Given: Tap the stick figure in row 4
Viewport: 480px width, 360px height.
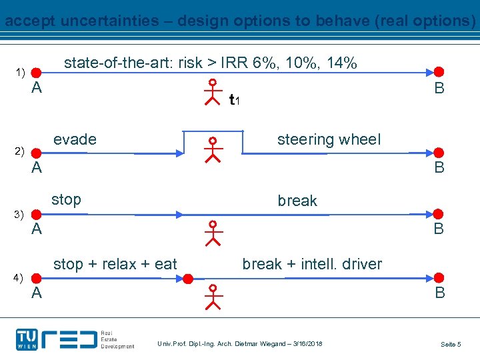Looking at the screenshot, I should [213, 297].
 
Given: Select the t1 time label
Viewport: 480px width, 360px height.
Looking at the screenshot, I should [234, 101].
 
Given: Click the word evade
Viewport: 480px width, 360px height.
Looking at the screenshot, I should [75, 139].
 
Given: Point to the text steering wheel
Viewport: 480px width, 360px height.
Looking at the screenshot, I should [329, 139].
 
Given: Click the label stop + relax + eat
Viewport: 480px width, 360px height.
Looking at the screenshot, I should [115, 264].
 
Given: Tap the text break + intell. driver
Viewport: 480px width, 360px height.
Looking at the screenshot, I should [312, 264].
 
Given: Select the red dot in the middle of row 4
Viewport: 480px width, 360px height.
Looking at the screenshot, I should [189, 278].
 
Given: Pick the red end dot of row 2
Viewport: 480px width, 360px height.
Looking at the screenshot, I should [439, 153].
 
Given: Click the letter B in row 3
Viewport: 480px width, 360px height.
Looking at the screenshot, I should [439, 229].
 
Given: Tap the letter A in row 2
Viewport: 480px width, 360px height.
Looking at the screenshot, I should [37, 168].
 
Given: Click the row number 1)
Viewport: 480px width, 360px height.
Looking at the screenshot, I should [20, 72].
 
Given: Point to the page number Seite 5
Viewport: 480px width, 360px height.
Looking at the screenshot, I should [450, 344].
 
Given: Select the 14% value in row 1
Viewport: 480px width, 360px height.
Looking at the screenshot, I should [341, 63].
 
